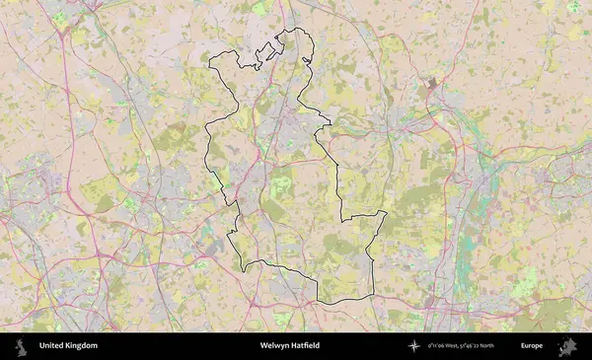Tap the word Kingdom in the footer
coord(82,346)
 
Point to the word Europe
coord(532,346)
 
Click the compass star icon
coord(414,346)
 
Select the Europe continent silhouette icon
coord(567,346)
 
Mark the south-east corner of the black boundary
coord(373,295)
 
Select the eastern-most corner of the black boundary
coord(386,212)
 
